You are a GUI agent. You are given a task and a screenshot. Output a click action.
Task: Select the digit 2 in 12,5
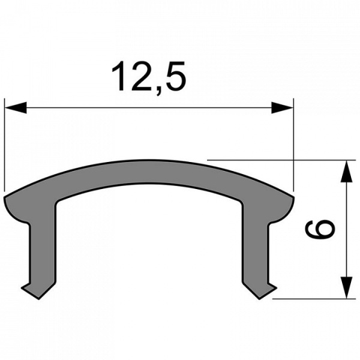pyautogui.click(x=141, y=76)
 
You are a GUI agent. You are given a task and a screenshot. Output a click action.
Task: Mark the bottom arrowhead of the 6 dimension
pyautogui.click(x=346, y=286)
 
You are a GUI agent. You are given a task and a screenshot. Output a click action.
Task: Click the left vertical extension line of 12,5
pyautogui.click(x=5, y=144)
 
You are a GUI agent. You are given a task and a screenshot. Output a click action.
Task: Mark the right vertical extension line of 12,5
pyautogui.click(x=294, y=144)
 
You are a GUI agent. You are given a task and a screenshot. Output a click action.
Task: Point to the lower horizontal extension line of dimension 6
pyautogui.click(x=312, y=298)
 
